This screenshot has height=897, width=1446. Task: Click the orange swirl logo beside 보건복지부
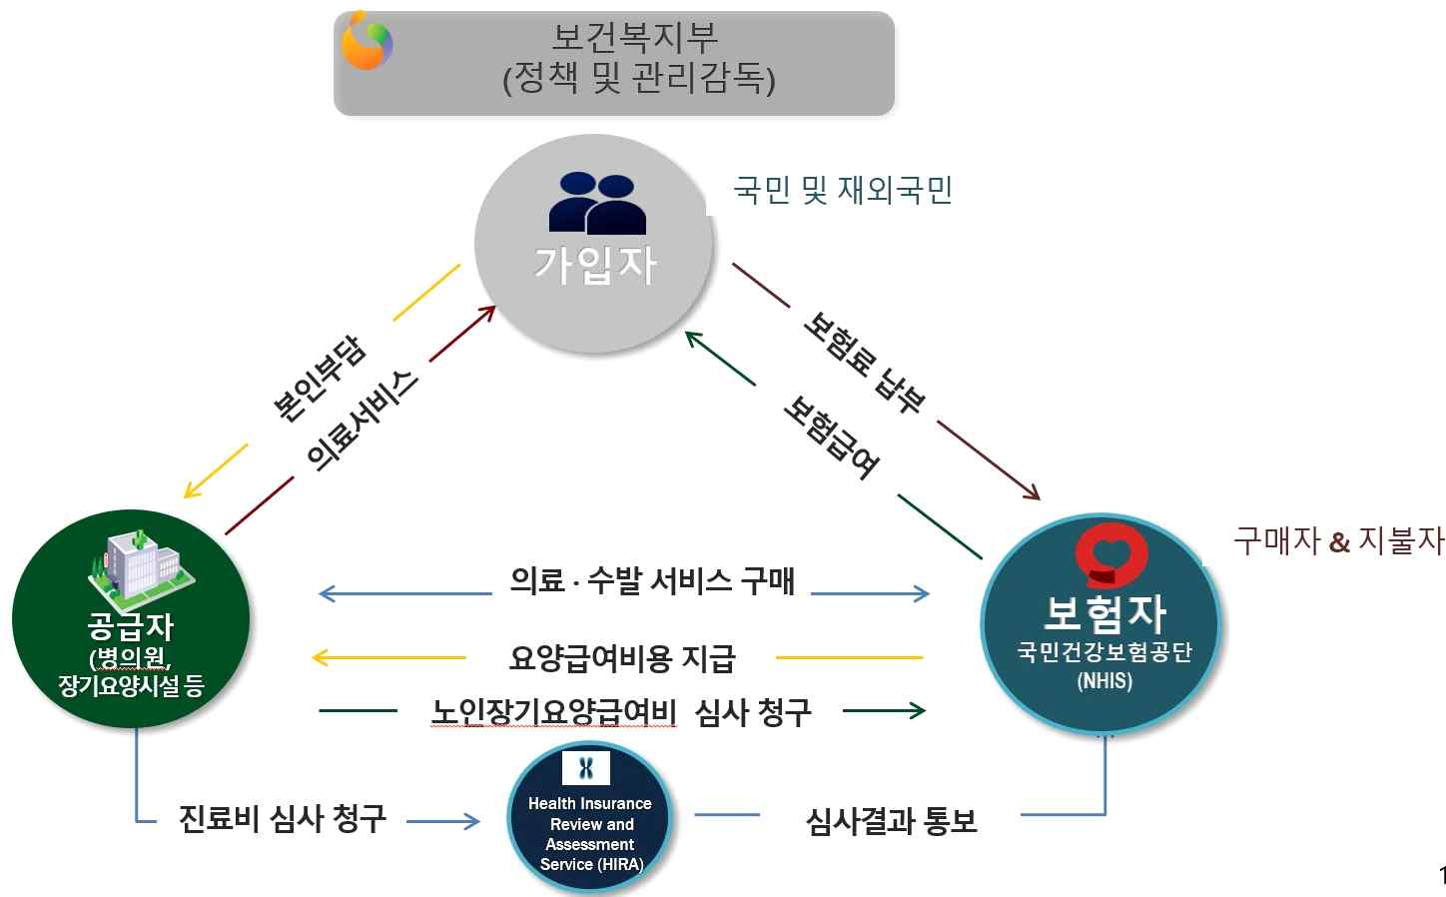(x=366, y=41)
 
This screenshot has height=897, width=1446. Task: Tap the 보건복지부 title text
(x=635, y=38)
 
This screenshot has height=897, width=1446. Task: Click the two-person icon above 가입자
(x=596, y=203)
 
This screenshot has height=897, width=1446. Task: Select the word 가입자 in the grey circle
(x=595, y=265)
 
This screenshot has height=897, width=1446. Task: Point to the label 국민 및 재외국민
(x=843, y=189)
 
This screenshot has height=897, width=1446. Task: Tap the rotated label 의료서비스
(x=361, y=421)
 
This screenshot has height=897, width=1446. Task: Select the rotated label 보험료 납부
(x=865, y=363)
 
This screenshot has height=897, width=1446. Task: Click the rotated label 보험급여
(x=831, y=436)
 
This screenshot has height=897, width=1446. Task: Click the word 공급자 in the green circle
(x=131, y=626)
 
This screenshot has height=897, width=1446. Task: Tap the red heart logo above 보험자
(x=1109, y=554)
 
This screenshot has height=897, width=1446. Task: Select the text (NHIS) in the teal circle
(x=1104, y=681)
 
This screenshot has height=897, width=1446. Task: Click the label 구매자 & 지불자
(x=1338, y=540)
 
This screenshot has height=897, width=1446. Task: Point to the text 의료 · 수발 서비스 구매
(x=652, y=580)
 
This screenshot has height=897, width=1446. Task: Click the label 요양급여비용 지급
(x=622, y=658)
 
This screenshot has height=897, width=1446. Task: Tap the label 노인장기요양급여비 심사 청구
(x=621, y=712)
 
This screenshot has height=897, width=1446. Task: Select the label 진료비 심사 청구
(x=283, y=818)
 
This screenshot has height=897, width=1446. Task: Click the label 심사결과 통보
(x=891, y=821)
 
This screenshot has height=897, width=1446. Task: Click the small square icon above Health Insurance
(x=586, y=768)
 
